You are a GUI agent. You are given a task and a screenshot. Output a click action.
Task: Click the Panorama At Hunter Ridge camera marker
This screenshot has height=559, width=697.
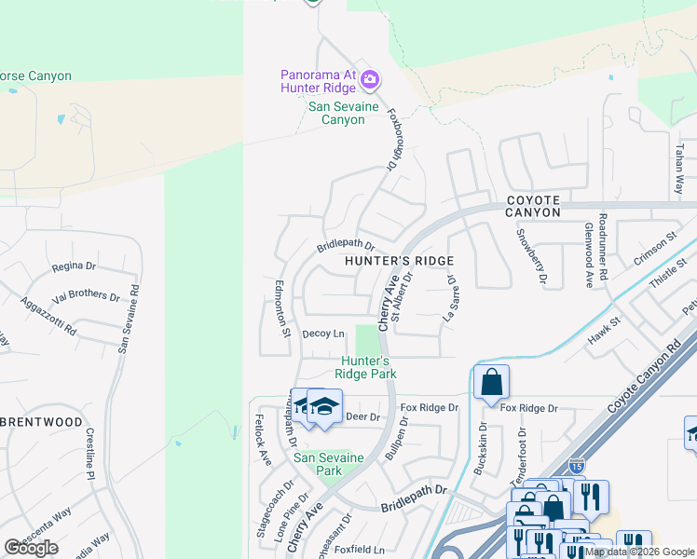tap(370, 79)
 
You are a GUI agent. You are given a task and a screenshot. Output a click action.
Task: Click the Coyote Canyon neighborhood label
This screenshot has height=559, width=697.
tap(533, 206)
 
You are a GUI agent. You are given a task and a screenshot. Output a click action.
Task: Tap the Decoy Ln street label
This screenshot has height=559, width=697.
tap(323, 334)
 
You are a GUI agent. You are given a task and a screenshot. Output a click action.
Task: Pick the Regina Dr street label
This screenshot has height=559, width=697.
tap(68, 266)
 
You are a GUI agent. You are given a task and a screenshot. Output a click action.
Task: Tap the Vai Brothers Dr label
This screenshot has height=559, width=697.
tap(87, 297)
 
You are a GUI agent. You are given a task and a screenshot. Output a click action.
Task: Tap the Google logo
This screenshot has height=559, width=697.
tap(31, 548)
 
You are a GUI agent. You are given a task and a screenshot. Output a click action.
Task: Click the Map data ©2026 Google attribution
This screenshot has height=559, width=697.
tap(640, 552)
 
